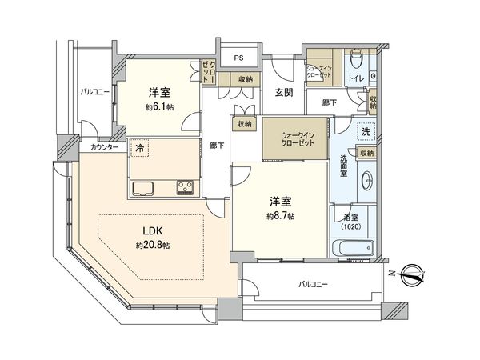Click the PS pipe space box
pyautogui.click(x=238, y=58)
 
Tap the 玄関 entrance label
pyautogui.click(x=283, y=93)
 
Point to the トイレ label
pyautogui.click(x=355, y=78)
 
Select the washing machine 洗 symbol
pyautogui.click(x=366, y=131)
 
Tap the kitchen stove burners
pyautogui.click(x=185, y=188)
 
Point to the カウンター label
pyautogui.click(x=104, y=148)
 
